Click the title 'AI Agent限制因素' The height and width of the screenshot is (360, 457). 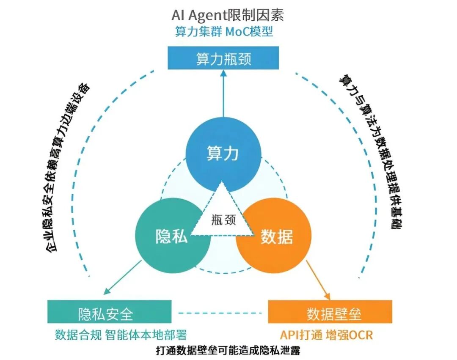(228, 15)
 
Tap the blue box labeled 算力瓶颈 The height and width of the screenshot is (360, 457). (223, 58)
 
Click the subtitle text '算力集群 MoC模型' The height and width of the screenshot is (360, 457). (224, 32)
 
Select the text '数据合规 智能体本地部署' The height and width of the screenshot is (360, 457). (121, 335)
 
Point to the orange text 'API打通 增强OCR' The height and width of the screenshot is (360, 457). (326, 335)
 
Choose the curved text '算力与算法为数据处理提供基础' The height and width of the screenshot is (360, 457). (372, 152)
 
